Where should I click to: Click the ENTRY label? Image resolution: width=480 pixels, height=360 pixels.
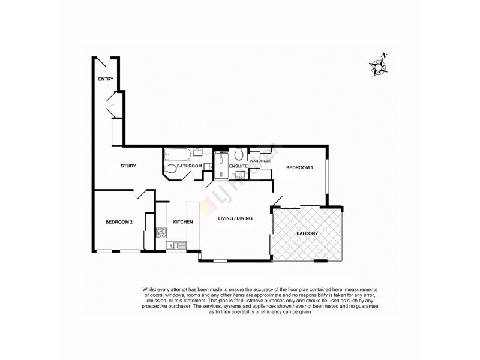coord(106,79)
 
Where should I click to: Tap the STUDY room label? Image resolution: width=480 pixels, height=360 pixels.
coord(128,166)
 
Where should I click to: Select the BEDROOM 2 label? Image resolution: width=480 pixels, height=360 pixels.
coord(118,222)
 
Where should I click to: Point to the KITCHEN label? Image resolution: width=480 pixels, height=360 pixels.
coord(183,222)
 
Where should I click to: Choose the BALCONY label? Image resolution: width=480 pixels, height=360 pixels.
coord(307,233)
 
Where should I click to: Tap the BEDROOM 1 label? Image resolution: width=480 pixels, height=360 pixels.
coord(299,167)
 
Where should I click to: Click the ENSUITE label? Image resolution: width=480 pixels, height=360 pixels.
coord(238,166)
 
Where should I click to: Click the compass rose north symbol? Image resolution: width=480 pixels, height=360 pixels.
coord(379,65)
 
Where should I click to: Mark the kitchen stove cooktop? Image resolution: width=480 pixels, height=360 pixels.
coord(161,233)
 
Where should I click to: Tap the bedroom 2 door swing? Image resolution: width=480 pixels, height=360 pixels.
coord(143,196)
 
